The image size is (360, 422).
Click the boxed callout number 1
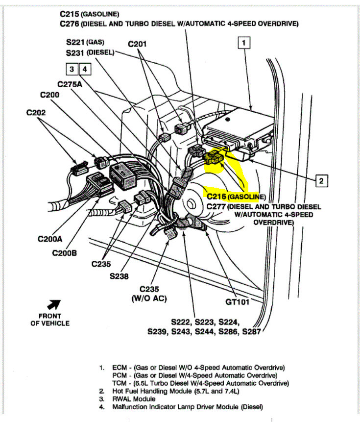243,43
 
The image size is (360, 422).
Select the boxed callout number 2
321,181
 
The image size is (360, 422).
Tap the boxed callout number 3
72,69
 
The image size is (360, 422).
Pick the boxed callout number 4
85,69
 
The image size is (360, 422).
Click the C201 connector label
137,44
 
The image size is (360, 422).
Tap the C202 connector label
36,113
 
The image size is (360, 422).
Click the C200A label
51,239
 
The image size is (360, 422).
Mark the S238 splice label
119,276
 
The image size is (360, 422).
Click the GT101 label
238,302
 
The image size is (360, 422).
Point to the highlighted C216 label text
216,196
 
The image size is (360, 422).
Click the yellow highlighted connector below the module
215,157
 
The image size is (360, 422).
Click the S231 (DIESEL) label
90,52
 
